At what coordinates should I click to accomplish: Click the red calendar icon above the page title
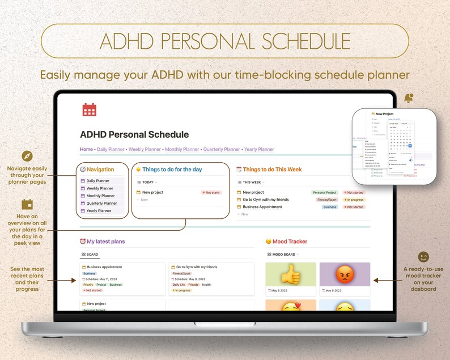click(89, 109)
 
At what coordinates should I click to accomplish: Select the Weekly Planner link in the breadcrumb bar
click(145, 150)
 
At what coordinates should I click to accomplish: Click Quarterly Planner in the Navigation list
click(101, 203)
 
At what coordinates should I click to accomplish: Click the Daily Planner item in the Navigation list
click(99, 181)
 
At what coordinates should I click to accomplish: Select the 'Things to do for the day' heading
click(172, 170)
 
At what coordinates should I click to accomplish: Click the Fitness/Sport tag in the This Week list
click(327, 200)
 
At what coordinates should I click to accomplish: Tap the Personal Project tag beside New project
click(325, 192)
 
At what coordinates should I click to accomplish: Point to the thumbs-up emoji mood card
click(290, 274)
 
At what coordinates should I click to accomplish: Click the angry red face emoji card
click(344, 274)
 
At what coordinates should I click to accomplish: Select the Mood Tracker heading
click(290, 242)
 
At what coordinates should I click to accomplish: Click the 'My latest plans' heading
click(105, 242)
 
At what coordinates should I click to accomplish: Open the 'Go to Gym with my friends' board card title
click(196, 267)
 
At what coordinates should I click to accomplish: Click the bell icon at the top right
click(409, 99)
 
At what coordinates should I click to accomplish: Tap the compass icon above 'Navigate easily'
click(27, 156)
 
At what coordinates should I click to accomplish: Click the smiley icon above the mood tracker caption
click(423, 257)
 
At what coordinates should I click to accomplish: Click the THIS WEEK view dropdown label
click(252, 183)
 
